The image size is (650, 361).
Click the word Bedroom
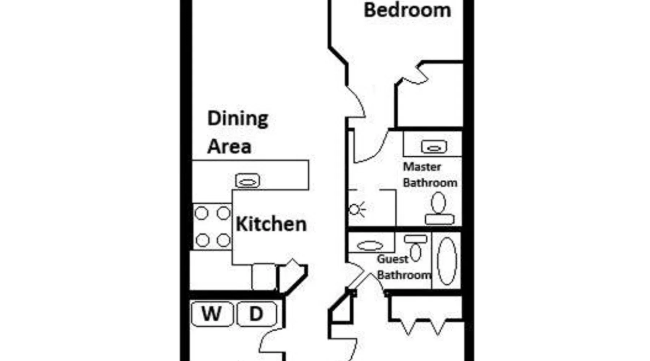(x=407, y=10)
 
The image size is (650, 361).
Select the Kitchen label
(x=271, y=224)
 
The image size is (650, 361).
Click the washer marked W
(x=212, y=314)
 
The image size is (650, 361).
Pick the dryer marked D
(x=256, y=314)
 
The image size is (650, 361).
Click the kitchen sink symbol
(x=247, y=180)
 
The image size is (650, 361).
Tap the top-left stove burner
(x=201, y=213)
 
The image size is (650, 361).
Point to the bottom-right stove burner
(x=224, y=240)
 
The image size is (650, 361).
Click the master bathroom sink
(x=434, y=147)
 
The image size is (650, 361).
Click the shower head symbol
(x=357, y=209)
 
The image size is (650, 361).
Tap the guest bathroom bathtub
(x=447, y=261)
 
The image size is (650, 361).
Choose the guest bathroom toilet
(x=416, y=248)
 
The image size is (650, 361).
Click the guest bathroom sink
(x=370, y=246)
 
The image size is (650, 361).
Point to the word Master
(x=422, y=167)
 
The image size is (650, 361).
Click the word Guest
(x=393, y=259)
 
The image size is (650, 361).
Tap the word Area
(x=229, y=147)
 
